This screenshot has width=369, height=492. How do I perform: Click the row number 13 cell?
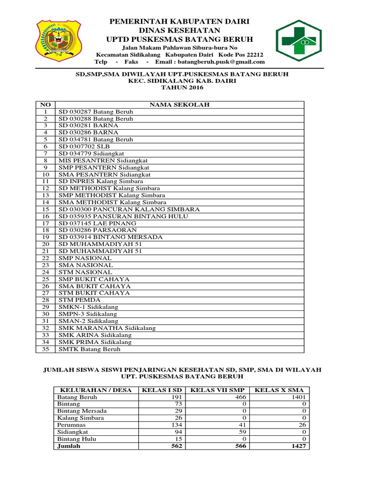[46, 196]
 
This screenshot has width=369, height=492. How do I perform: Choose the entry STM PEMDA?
[80, 300]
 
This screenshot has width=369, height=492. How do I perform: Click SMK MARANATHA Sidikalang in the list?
[107, 328]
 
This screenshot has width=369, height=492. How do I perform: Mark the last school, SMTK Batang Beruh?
[89, 349]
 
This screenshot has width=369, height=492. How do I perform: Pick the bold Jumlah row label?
[68, 446]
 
